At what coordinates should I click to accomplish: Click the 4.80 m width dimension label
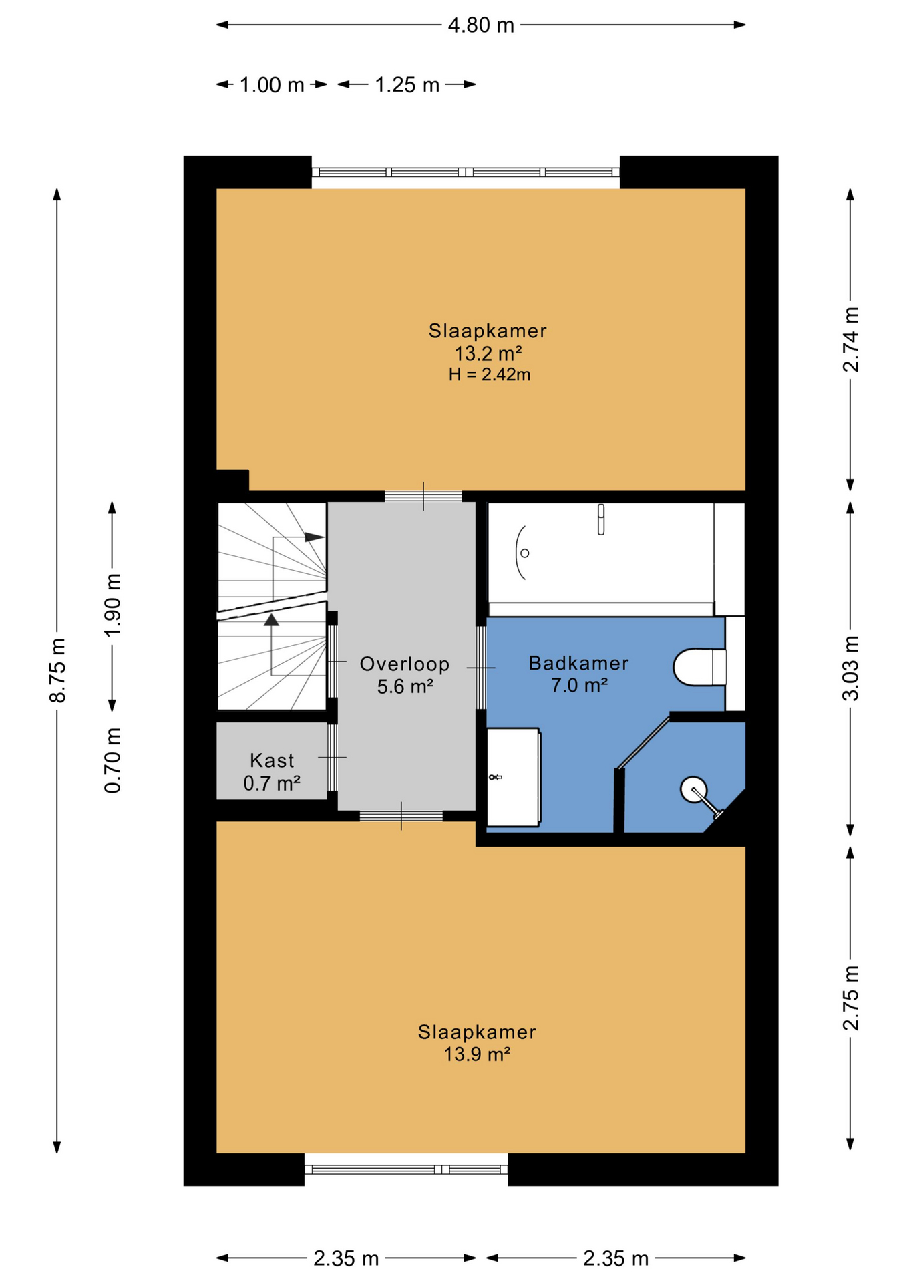point(481,25)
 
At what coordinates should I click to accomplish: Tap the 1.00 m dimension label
point(272,85)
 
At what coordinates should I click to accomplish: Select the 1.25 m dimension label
point(407,85)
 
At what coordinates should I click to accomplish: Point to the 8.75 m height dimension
point(58,670)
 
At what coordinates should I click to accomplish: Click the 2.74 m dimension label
point(850,339)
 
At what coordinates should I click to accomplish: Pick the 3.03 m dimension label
point(850,668)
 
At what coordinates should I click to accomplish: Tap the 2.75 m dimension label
point(850,998)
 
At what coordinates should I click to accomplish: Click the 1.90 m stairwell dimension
point(112,605)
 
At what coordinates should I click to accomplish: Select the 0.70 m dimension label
point(112,760)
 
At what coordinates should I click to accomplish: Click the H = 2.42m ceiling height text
point(490,374)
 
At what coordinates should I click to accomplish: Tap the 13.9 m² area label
point(477,1054)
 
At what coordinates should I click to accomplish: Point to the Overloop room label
point(405,664)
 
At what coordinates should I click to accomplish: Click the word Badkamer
point(578,663)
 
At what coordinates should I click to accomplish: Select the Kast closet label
point(272,760)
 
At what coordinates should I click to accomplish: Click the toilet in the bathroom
point(699,667)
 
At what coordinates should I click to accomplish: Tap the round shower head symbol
point(693,789)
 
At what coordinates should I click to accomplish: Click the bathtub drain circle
point(525,553)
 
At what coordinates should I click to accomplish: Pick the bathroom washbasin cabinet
point(514,777)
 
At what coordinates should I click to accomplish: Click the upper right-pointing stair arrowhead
point(315,537)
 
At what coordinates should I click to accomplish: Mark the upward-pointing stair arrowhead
point(271,620)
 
